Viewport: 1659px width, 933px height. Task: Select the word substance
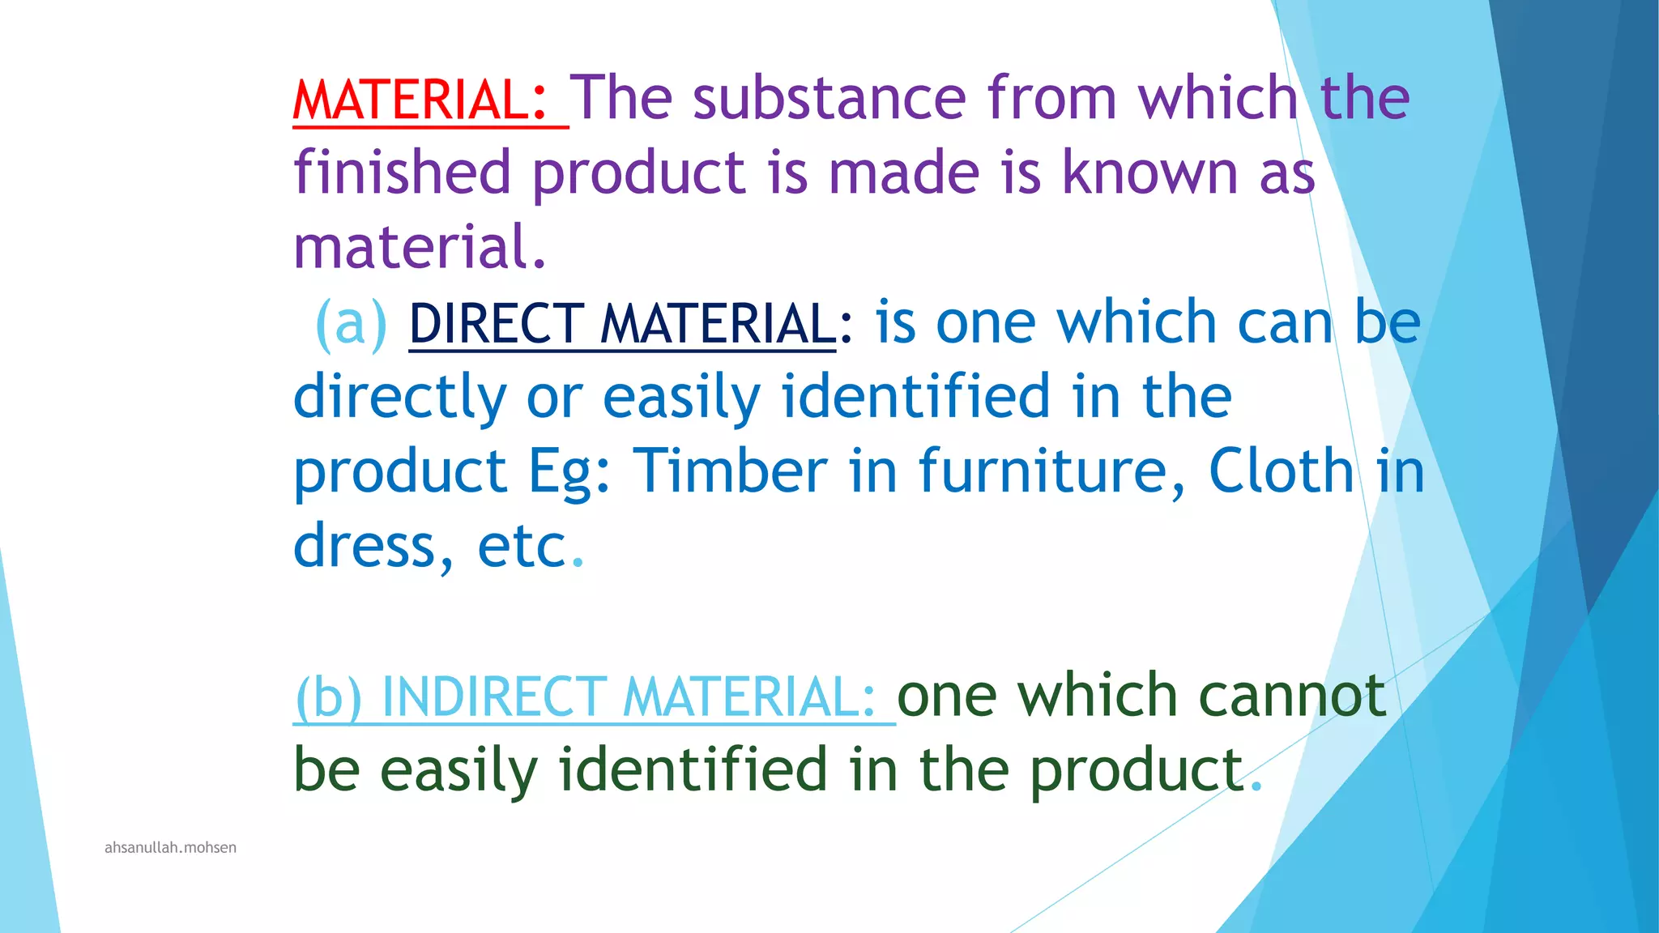tap(829, 98)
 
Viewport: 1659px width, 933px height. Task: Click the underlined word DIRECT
tap(496, 323)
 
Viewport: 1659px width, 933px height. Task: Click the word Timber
tap(730, 471)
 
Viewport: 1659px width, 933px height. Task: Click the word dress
tap(364, 547)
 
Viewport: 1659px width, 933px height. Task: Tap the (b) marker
tap(328, 697)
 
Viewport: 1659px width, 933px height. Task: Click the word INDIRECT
tap(493, 697)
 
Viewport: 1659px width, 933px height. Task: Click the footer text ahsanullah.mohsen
tap(170, 848)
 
